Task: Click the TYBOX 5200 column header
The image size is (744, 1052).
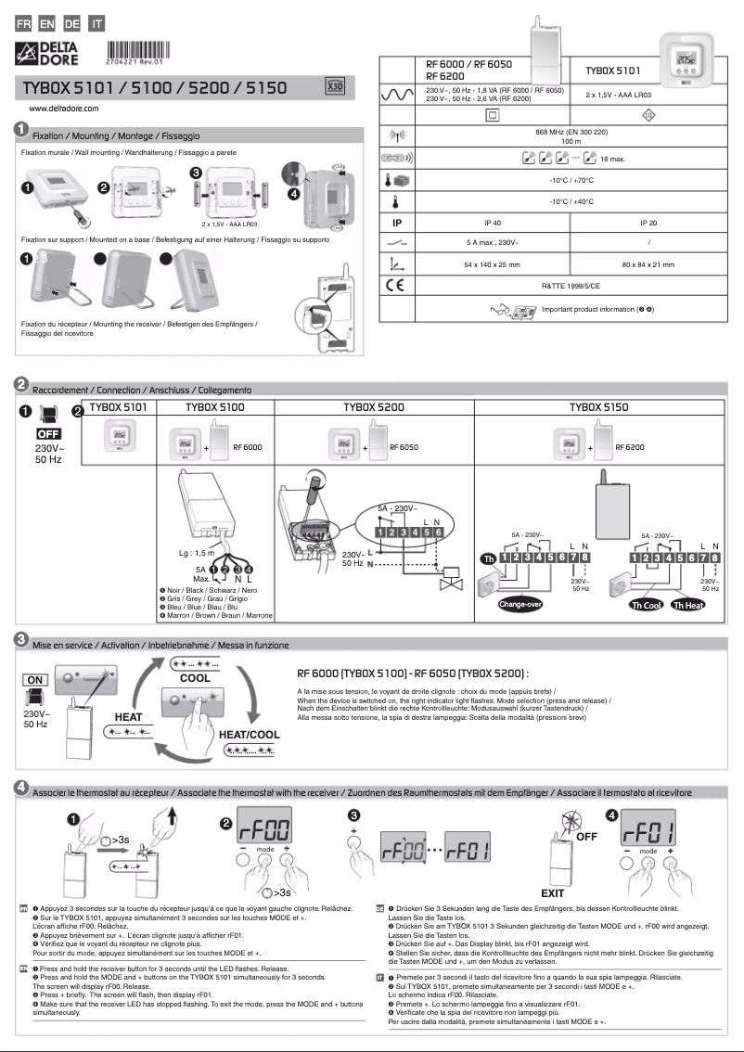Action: coord(374,407)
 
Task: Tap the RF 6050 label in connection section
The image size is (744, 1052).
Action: coord(404,447)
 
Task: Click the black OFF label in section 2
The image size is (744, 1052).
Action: coord(46,433)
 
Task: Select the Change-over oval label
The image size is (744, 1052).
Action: coord(520,605)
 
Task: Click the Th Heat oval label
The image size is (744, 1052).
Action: coord(688,605)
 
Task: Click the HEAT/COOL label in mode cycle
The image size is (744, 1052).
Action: coord(249,734)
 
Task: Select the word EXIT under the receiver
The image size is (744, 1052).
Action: coord(552,892)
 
